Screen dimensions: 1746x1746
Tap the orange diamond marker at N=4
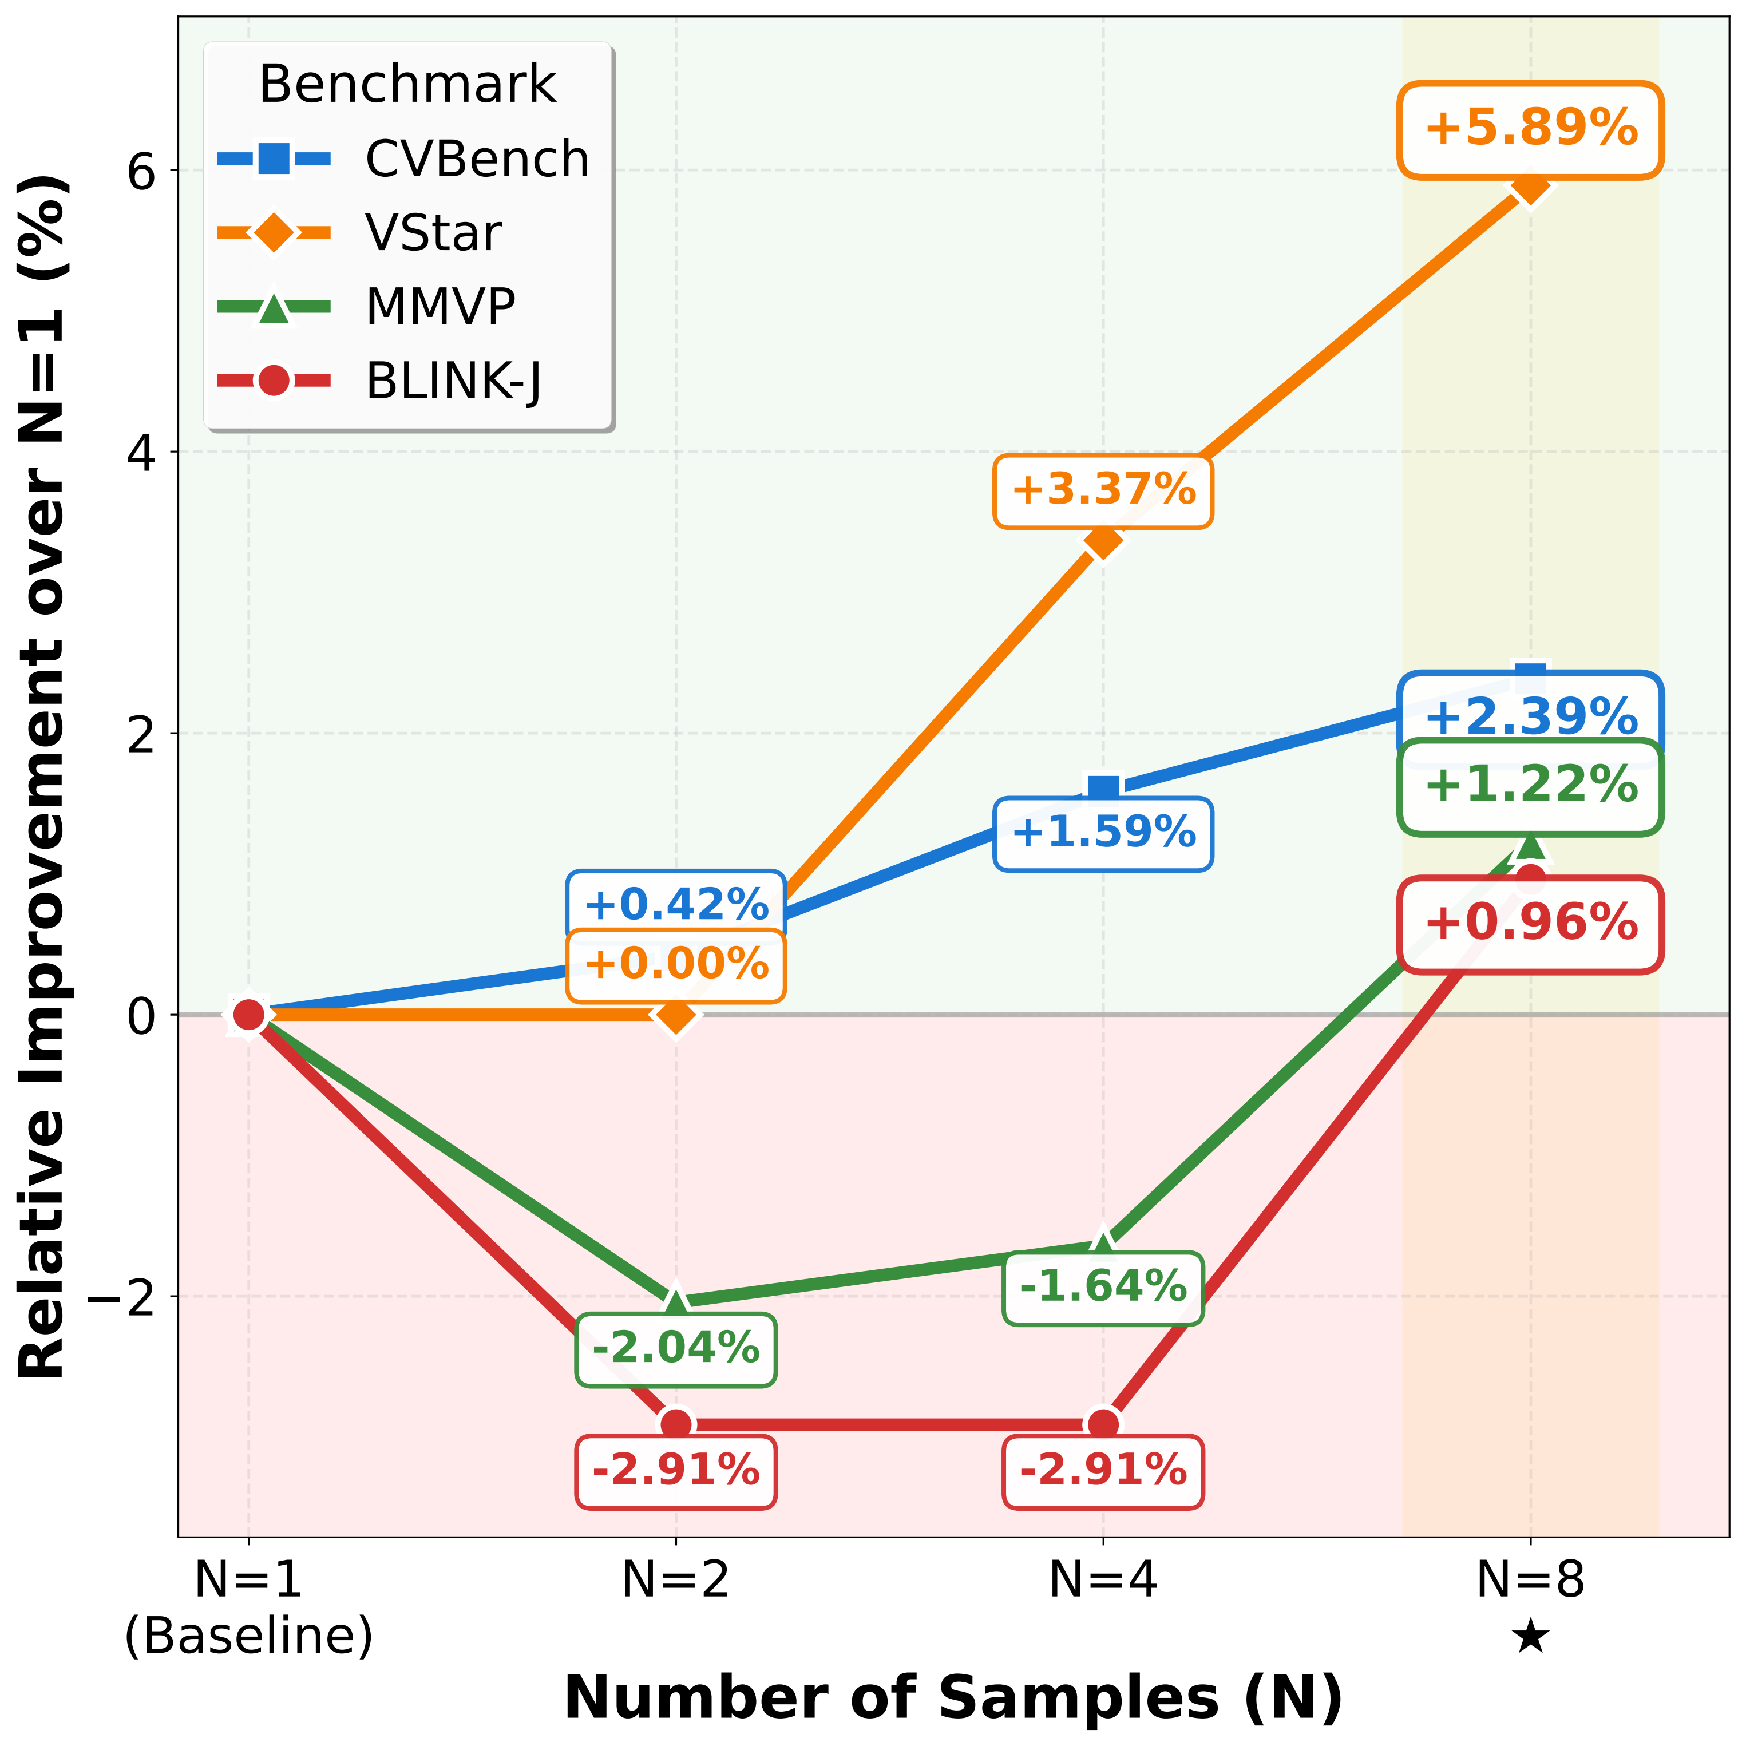point(1103,541)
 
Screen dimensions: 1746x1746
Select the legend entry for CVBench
point(476,160)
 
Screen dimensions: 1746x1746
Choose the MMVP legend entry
point(440,307)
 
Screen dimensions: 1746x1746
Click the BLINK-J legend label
point(453,381)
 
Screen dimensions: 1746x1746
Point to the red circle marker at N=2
point(677,1425)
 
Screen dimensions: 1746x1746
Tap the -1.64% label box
point(1103,1287)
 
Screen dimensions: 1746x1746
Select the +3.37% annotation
point(1103,491)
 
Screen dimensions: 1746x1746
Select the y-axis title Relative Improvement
point(43,777)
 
